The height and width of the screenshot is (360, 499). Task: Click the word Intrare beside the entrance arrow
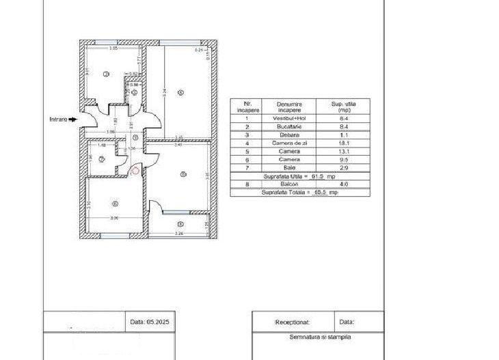tap(58, 120)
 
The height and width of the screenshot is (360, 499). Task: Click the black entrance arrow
tap(73, 120)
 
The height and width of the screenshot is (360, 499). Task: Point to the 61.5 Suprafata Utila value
tap(316, 176)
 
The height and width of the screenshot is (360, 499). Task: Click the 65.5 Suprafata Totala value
tap(319, 193)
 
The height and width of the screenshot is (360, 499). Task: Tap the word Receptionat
tap(293, 321)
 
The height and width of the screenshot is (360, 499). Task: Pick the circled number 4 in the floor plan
tap(180, 92)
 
